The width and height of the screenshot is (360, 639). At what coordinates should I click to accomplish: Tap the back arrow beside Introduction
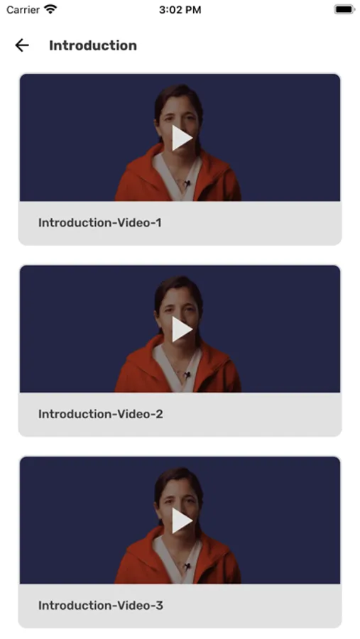[22, 45]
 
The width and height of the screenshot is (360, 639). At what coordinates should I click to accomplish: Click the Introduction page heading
[93, 45]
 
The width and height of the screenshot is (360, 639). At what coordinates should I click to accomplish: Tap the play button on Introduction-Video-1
[182, 138]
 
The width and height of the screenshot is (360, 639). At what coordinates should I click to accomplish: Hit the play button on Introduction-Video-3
[182, 520]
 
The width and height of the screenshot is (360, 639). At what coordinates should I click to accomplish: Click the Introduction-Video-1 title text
[100, 222]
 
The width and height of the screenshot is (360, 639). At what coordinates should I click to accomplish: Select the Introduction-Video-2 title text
[101, 414]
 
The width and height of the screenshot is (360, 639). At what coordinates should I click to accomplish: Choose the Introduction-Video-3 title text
[101, 605]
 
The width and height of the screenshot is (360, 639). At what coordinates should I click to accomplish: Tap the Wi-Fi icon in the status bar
[50, 9]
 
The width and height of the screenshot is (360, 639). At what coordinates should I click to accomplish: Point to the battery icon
[344, 9]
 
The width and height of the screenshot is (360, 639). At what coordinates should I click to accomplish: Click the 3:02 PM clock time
[180, 10]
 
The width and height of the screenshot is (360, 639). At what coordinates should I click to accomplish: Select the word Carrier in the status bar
[23, 10]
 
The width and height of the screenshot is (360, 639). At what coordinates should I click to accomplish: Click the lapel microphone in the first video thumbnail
[187, 184]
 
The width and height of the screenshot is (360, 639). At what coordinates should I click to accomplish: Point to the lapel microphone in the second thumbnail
[187, 376]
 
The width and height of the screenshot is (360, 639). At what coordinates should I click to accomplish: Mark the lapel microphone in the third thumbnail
[187, 567]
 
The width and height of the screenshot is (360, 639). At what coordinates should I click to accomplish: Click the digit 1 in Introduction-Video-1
[158, 222]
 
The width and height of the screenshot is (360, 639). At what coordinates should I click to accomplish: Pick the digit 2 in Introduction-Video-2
[159, 414]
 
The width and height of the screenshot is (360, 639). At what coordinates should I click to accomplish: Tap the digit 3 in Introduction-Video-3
[160, 605]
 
